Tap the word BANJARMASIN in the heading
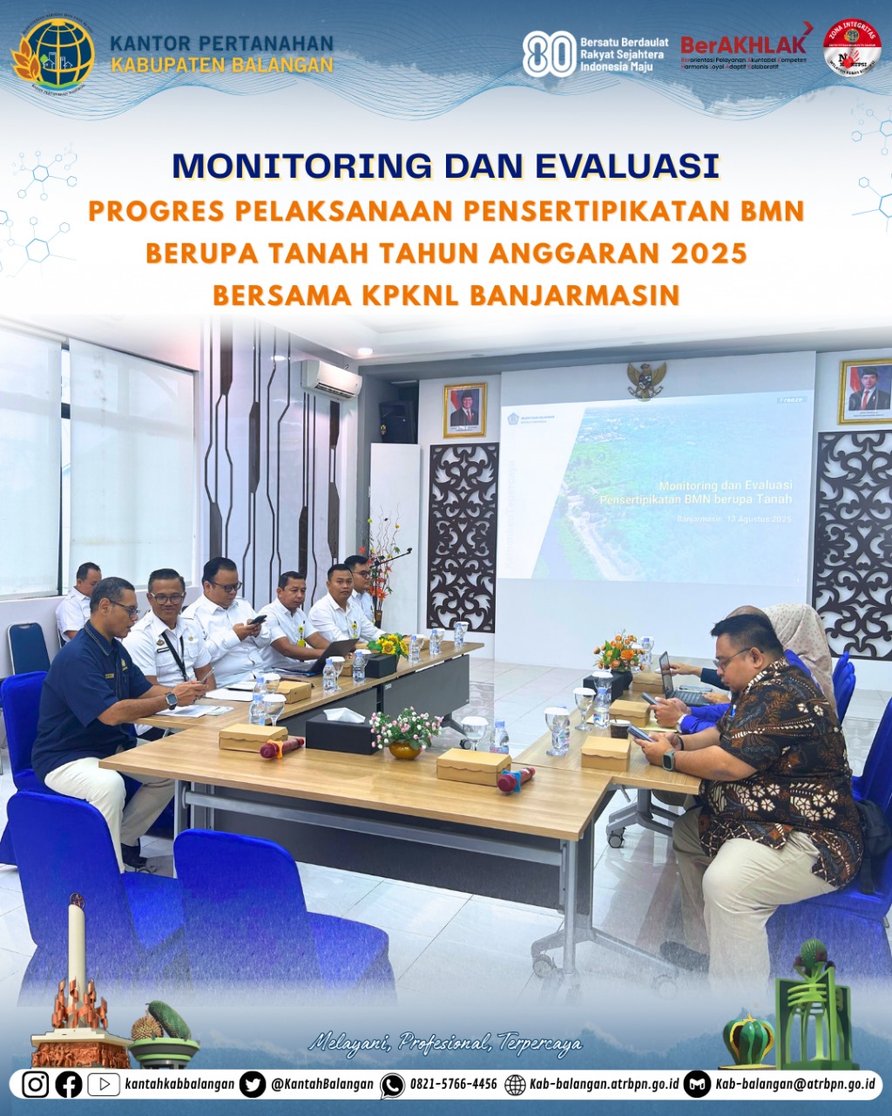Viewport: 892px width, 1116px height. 574,295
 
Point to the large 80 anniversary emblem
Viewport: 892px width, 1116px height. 548,54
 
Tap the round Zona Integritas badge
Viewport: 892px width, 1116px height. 852,48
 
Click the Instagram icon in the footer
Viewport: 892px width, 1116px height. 36,1084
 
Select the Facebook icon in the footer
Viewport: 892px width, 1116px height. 69,1084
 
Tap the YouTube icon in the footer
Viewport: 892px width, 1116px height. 104,1084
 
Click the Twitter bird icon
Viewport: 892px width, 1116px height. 253,1084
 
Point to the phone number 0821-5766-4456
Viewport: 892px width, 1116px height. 453,1084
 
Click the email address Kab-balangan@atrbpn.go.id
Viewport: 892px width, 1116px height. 794,1084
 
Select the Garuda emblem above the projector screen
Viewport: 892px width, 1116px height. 646,380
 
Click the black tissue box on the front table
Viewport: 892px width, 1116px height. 341,732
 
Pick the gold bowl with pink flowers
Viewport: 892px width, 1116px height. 405,748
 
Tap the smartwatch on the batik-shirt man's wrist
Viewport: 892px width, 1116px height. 669,759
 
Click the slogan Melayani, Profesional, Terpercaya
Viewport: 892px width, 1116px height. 445,1042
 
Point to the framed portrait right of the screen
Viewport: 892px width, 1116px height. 866,391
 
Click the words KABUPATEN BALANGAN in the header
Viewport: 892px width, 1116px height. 222,65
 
